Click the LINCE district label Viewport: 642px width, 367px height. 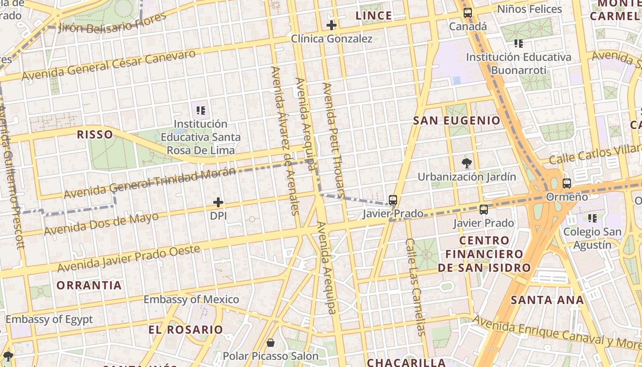click(374, 16)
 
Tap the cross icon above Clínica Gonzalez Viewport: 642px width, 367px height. click(331, 25)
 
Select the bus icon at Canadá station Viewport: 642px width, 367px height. click(467, 13)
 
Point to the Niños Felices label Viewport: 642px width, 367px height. click(529, 9)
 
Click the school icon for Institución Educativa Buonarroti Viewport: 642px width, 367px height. click(519, 44)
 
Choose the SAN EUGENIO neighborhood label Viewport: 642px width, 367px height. click(457, 121)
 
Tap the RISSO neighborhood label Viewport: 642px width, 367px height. click(95, 134)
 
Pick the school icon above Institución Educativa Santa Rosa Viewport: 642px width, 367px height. click(200, 111)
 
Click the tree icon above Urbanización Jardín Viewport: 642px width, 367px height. click(466, 163)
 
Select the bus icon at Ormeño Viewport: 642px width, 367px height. click(567, 183)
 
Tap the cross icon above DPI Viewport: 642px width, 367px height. click(218, 202)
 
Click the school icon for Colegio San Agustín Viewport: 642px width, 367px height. click(592, 218)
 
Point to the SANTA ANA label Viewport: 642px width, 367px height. click(547, 300)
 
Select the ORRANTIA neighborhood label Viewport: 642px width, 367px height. click(89, 285)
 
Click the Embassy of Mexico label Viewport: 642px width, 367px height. click(191, 300)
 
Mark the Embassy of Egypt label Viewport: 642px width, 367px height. click(49, 319)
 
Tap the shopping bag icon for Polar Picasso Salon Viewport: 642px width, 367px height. click(271, 343)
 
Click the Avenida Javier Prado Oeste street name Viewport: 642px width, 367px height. click(129, 258)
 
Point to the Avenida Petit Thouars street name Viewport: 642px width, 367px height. click(333, 140)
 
